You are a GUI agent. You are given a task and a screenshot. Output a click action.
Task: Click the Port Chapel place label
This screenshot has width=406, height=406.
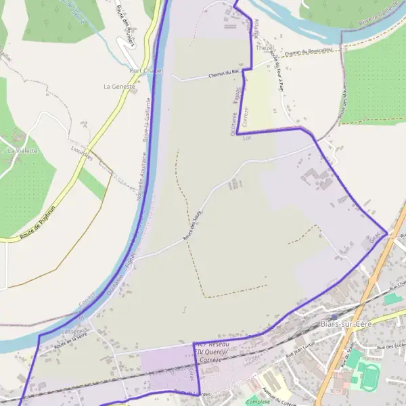point(147,70)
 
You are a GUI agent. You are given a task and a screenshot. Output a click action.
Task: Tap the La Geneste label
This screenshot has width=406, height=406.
point(119,87)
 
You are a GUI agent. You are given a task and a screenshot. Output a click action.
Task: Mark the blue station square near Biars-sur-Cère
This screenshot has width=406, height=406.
point(334,316)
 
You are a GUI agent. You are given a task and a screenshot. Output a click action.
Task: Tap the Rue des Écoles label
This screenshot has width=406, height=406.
point(391,347)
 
